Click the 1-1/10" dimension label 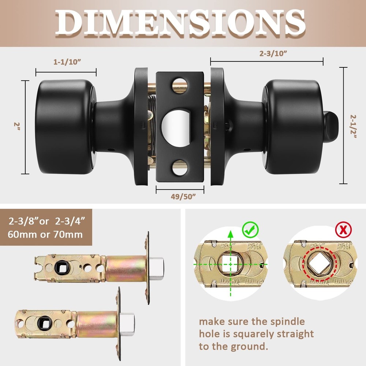pos(67,62)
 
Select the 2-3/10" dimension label pos(273,53)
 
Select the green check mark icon pos(251,230)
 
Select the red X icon pos(343,231)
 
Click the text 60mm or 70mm pos(45,234)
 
